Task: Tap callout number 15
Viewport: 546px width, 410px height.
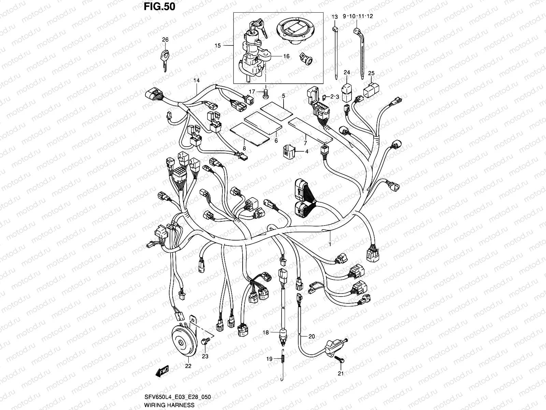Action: click(x=218, y=46)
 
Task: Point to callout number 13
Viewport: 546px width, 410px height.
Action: click(x=334, y=17)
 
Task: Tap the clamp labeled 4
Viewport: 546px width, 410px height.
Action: click(x=288, y=151)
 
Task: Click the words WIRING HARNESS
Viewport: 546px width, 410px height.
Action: click(x=169, y=405)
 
